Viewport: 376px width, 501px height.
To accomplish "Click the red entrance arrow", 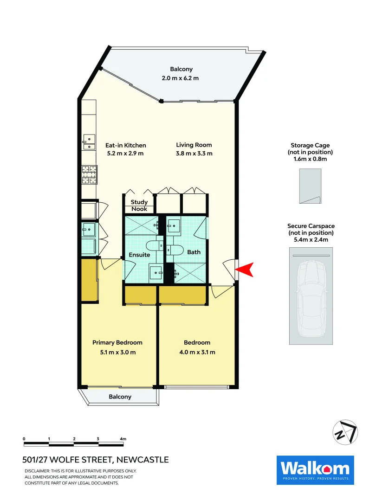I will [x=246, y=270].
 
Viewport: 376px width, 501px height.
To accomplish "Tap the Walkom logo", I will [x=315, y=470].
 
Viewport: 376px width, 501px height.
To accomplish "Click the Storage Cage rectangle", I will [x=310, y=186].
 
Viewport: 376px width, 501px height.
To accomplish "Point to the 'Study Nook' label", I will [x=139, y=206].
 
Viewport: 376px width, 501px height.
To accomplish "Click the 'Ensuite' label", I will [x=139, y=255].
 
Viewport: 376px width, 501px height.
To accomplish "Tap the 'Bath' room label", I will [x=194, y=252].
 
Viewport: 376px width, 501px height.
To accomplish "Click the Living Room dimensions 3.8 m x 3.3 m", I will [x=194, y=154].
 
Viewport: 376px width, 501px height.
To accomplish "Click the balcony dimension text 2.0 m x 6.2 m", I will [x=181, y=78].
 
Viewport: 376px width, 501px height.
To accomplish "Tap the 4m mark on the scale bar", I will [x=123, y=438].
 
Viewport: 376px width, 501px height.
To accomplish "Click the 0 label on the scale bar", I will [x=24, y=438].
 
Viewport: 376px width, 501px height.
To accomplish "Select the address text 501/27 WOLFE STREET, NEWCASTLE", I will [x=96, y=460].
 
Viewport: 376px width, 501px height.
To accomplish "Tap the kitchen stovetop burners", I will [x=89, y=174].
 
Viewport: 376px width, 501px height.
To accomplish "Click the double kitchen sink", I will [x=88, y=142].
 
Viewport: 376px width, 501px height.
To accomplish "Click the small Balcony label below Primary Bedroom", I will [x=120, y=397].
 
